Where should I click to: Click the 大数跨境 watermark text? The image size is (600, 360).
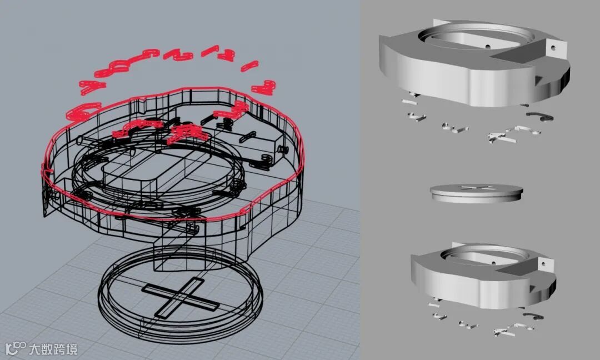(53, 349)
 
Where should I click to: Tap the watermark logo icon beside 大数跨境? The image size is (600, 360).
(16, 348)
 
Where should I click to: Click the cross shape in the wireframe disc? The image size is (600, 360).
(180, 297)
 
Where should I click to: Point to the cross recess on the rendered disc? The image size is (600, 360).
(477, 188)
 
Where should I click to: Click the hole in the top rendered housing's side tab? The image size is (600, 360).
(553, 48)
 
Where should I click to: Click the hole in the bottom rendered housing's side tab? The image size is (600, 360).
(543, 264)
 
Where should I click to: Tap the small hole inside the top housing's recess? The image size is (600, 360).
(488, 47)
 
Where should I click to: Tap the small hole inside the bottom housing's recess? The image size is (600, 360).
(493, 263)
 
